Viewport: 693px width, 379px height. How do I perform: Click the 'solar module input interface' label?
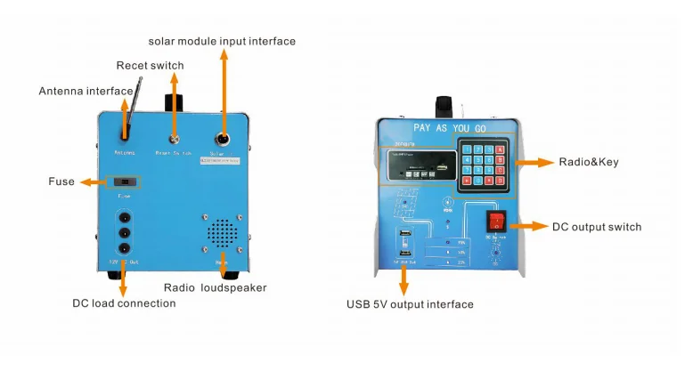222,41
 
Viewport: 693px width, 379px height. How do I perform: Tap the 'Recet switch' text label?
150,65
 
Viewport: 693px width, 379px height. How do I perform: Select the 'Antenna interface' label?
85,91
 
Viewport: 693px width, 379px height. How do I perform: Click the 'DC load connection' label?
124,302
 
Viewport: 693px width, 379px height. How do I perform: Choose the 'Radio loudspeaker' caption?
215,287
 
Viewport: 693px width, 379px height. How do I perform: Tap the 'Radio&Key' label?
588,162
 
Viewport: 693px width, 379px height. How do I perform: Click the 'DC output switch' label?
596,227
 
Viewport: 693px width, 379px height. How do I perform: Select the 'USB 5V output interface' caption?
410,304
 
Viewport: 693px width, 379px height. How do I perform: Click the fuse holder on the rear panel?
124,181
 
